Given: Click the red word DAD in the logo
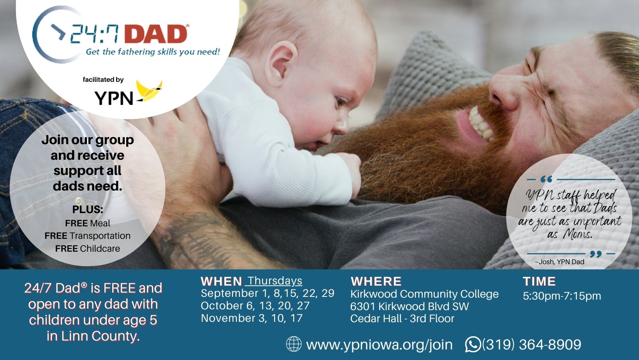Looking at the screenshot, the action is (x=156, y=34).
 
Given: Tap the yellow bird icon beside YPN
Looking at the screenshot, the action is (x=149, y=91).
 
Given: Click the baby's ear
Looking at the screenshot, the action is (x=281, y=64).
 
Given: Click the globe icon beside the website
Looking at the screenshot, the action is (x=293, y=344).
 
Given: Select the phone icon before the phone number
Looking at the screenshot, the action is (x=473, y=344).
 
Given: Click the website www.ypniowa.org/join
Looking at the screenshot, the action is (x=379, y=344).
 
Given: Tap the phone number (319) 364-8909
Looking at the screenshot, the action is (x=531, y=344).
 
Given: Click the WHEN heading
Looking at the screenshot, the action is (x=221, y=282).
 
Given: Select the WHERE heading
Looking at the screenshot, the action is (x=376, y=282).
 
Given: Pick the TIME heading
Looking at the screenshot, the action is (x=539, y=282).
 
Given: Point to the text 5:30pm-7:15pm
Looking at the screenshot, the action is (x=562, y=296).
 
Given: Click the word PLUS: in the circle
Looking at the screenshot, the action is (x=88, y=209).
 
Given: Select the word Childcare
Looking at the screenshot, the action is (x=100, y=249).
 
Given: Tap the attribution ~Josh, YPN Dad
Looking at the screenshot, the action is (x=560, y=262).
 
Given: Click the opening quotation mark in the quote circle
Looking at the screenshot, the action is (x=546, y=179).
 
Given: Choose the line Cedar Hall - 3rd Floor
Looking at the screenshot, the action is (x=402, y=319).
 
